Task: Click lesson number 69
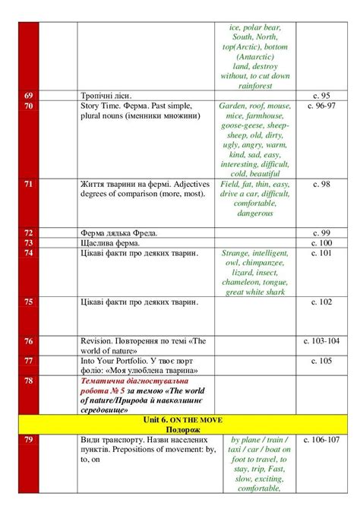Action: (29, 96)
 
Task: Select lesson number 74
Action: (29, 253)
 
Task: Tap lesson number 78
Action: (29, 380)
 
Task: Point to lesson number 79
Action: (29, 440)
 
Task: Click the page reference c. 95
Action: (321, 96)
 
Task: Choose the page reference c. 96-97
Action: (321, 106)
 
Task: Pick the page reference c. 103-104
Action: (321, 341)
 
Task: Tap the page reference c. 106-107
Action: (321, 440)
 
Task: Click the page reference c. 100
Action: (321, 242)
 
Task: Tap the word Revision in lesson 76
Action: (99, 341)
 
